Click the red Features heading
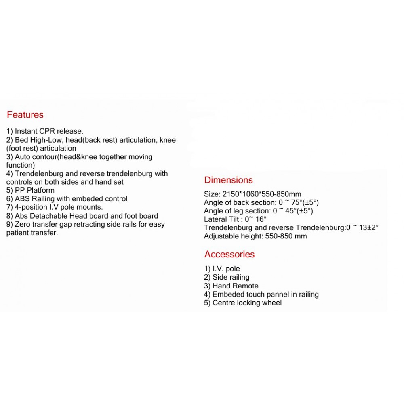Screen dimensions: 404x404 click(25, 115)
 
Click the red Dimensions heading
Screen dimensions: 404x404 click(228, 180)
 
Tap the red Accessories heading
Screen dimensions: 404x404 click(229, 254)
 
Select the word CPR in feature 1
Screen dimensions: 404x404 click(47, 131)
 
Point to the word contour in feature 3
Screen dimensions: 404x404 click(44, 157)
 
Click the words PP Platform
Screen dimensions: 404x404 click(35, 190)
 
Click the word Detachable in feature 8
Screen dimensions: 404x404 click(49, 216)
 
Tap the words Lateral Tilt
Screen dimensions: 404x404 click(221, 219)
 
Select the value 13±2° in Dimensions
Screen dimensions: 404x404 click(366, 228)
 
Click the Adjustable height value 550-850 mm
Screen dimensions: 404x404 click(286, 236)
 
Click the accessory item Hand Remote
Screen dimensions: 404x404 click(236, 286)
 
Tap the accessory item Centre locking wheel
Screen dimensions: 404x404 click(247, 303)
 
